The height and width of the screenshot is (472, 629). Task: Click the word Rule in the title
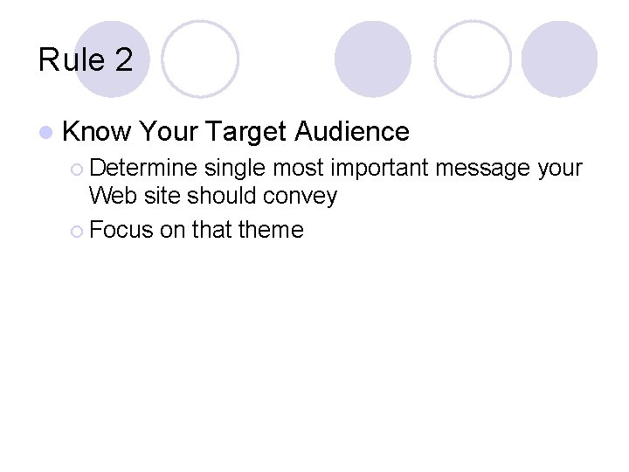pyautogui.click(x=72, y=60)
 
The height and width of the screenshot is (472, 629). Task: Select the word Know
pyautogui.click(x=96, y=132)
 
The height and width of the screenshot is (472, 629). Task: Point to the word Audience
pyautogui.click(x=352, y=132)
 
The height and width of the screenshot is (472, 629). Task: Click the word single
pyautogui.click(x=236, y=168)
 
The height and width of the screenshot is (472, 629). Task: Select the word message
pyautogui.click(x=489, y=168)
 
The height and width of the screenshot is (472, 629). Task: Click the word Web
pyautogui.click(x=109, y=196)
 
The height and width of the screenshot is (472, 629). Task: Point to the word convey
pyautogui.click(x=306, y=197)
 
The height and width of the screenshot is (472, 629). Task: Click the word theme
pyautogui.click(x=271, y=231)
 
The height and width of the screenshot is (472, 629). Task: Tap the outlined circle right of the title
pyautogui.click(x=200, y=59)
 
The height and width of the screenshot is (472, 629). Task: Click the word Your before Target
pyautogui.click(x=169, y=132)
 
